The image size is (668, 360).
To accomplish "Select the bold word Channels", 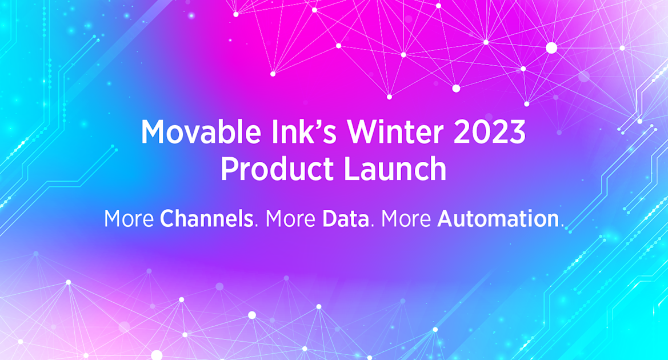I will tap(207, 219).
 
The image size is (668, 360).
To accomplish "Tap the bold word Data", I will tap(345, 219).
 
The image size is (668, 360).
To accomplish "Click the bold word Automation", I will tap(497, 219).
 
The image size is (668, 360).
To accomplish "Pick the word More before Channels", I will tap(129, 219).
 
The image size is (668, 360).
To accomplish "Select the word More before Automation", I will tap(406, 219).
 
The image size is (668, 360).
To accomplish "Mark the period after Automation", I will tap(562, 226).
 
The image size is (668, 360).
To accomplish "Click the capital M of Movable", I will tap(153, 133).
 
